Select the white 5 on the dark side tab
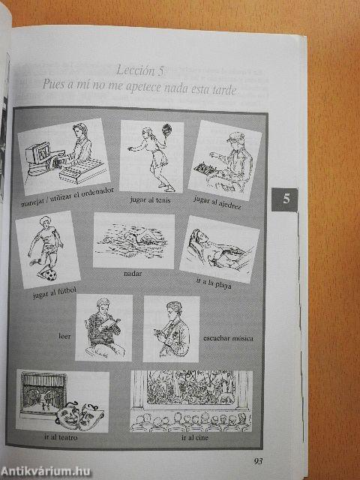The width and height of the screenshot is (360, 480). coord(286,199)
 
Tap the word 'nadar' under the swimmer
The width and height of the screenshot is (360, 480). coord(132,274)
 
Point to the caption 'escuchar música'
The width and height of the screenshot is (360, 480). coord(228,338)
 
